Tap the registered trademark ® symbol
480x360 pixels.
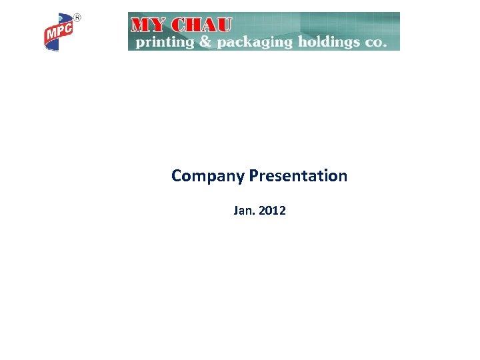77,17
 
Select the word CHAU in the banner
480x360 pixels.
202,25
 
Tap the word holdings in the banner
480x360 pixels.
324,41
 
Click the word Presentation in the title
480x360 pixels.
298,176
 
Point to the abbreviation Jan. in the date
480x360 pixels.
244,211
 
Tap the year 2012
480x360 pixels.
272,211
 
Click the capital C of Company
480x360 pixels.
177,176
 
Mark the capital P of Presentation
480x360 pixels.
253,176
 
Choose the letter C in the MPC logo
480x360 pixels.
69,28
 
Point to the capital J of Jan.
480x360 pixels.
236,211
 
